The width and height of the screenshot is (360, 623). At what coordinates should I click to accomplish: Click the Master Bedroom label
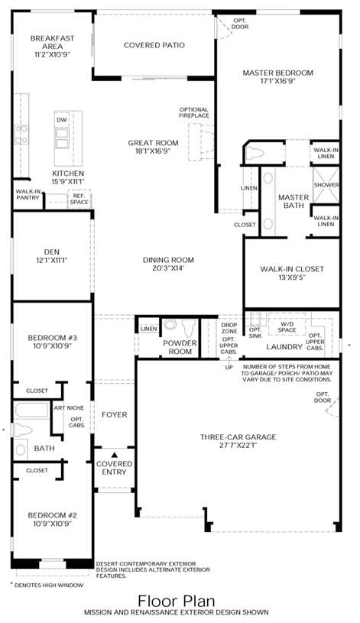[277, 73]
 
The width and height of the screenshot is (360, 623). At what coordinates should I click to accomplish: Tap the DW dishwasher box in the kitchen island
[62, 120]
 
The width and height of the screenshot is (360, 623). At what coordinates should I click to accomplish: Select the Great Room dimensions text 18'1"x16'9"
[153, 151]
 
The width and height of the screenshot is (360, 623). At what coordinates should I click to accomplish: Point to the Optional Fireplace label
[194, 112]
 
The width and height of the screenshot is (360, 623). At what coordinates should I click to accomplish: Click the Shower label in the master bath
[326, 185]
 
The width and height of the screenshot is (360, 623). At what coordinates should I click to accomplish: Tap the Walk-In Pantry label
[28, 195]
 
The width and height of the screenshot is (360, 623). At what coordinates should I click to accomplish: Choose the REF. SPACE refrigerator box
[79, 199]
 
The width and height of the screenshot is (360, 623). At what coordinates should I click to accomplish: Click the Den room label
[52, 251]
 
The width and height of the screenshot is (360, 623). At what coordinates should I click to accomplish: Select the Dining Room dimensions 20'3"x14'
[168, 268]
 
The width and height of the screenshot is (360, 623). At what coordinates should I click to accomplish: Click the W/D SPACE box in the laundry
[287, 326]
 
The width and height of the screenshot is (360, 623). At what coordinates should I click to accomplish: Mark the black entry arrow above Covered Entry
[115, 455]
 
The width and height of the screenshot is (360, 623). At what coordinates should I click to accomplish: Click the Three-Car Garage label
[238, 437]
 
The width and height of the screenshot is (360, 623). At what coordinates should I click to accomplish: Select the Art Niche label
[69, 407]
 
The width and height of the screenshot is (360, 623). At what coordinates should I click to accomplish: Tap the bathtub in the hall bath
[31, 410]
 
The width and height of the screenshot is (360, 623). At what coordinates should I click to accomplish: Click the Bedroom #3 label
[52, 338]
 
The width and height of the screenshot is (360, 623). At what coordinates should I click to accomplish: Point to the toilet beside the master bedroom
[255, 153]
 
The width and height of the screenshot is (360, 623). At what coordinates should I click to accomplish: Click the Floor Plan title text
[177, 601]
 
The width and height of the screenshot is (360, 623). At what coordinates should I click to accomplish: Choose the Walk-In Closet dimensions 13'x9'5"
[292, 277]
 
